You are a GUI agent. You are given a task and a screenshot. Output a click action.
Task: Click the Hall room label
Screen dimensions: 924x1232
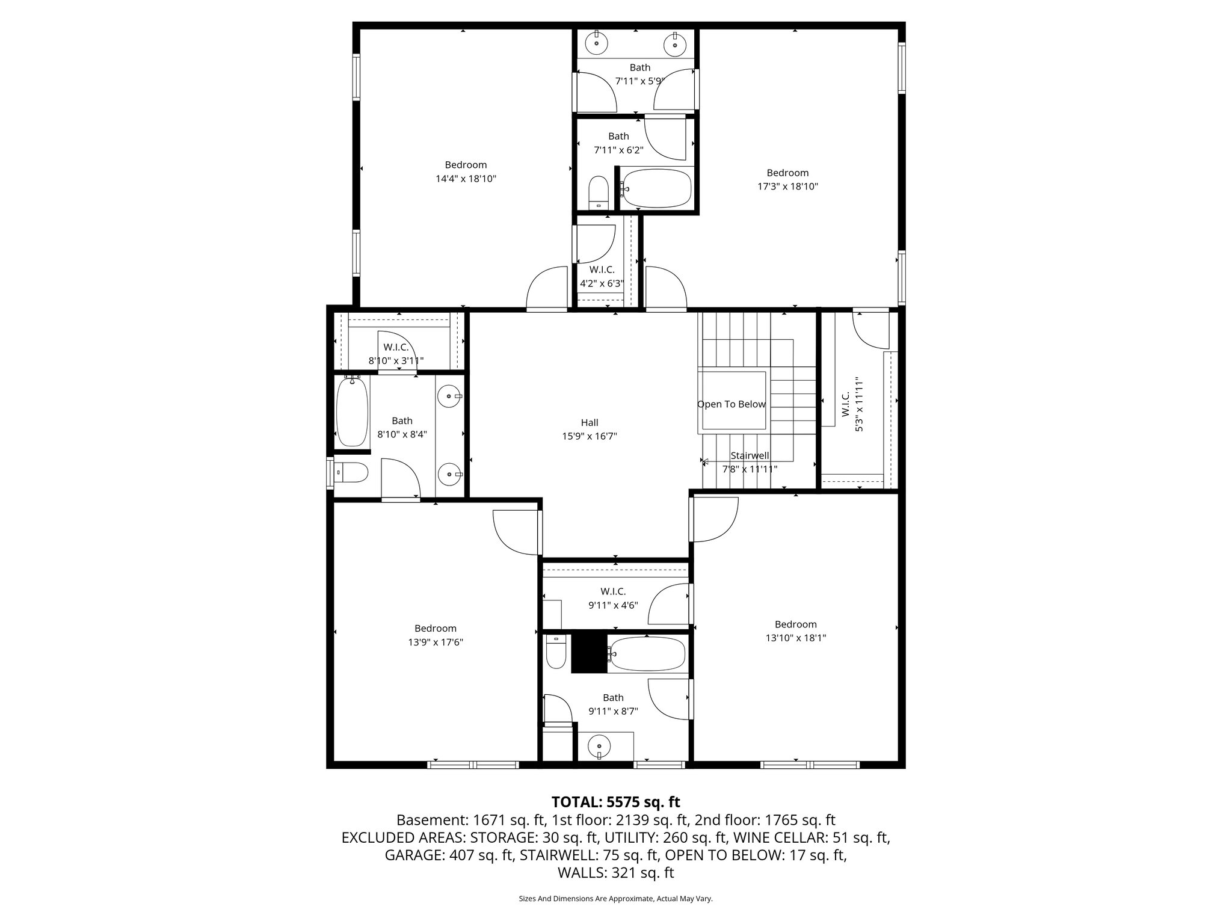pyautogui.click(x=589, y=423)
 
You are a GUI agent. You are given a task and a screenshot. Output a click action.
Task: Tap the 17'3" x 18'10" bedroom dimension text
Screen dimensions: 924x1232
pyautogui.click(x=787, y=186)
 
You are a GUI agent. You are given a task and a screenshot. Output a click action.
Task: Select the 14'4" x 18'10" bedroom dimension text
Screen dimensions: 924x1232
pyautogui.click(x=466, y=179)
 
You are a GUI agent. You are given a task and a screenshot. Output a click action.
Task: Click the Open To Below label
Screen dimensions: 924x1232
pyautogui.click(x=731, y=404)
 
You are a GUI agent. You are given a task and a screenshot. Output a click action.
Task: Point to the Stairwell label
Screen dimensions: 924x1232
pyautogui.click(x=750, y=456)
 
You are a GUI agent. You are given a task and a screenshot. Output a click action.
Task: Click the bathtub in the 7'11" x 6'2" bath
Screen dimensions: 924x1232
pyautogui.click(x=656, y=188)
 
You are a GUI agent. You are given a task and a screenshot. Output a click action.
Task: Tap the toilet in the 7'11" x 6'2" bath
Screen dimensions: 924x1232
pyautogui.click(x=598, y=191)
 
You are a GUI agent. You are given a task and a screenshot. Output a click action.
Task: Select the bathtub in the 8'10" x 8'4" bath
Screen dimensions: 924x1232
pyautogui.click(x=352, y=411)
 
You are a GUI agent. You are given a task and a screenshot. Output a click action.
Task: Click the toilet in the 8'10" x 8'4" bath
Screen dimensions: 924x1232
pyautogui.click(x=351, y=472)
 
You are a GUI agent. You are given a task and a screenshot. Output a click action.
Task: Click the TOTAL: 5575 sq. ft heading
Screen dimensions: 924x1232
pyautogui.click(x=615, y=802)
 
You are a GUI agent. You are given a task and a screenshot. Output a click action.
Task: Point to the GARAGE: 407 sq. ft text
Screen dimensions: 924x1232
pyautogui.click(x=449, y=855)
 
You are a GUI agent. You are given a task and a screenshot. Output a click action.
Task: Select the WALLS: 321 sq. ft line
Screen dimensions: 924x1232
pyautogui.click(x=615, y=873)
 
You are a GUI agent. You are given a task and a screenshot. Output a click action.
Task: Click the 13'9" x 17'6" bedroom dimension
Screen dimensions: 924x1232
pyautogui.click(x=435, y=642)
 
